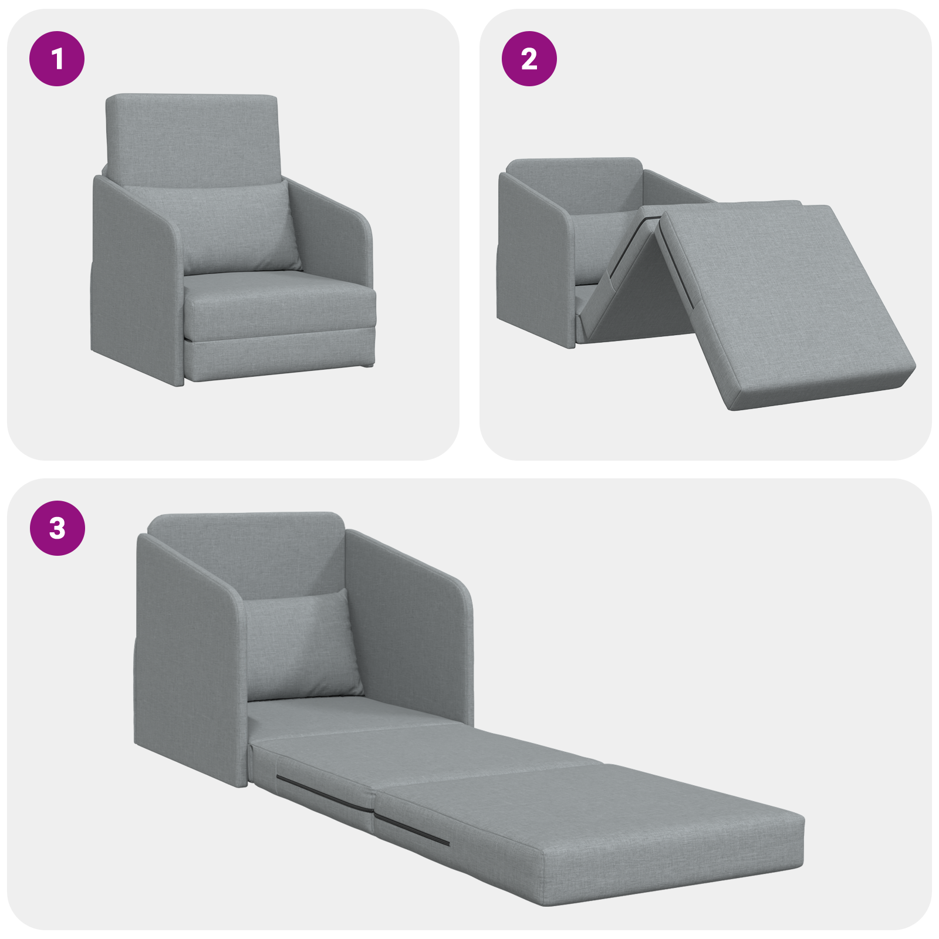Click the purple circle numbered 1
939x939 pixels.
(x=57, y=59)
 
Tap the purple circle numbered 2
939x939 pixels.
(x=529, y=59)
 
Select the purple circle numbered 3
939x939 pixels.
(x=57, y=528)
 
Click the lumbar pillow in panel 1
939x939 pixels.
(x=241, y=229)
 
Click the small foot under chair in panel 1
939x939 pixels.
(x=367, y=365)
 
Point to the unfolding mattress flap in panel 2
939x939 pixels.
(x=786, y=299)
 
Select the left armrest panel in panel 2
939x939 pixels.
(x=531, y=258)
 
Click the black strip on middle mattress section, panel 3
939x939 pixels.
(x=323, y=792)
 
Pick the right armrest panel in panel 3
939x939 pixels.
(x=411, y=628)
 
